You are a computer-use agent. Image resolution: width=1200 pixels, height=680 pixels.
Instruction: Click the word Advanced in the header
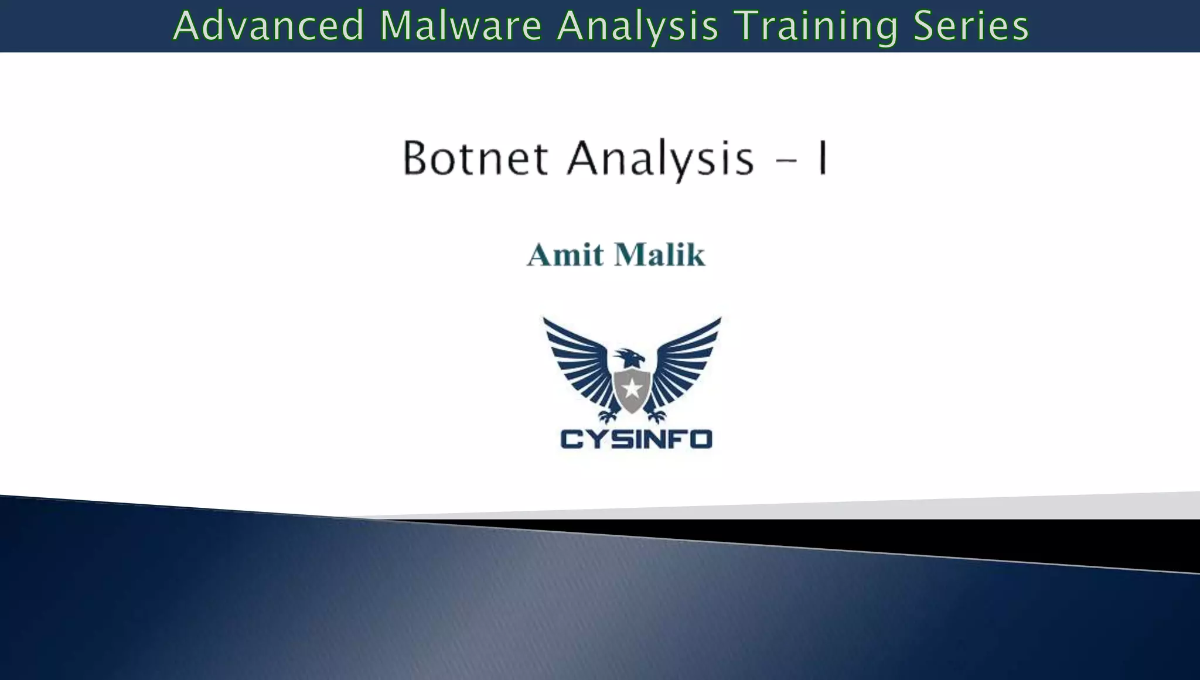(269, 26)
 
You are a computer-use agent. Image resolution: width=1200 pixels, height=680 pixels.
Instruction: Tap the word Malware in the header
(461, 26)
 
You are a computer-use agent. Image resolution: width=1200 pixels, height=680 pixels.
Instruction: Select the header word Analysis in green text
(637, 26)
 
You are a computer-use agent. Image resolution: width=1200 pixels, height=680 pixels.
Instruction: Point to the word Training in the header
(816, 26)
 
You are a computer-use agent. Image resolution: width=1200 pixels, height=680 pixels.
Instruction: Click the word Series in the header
(971, 26)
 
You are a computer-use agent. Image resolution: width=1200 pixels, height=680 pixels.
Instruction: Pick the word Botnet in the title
(475, 158)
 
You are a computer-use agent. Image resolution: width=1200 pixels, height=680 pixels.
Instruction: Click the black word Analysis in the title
(660, 159)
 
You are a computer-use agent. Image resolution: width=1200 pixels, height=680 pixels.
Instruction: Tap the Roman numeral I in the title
(823, 158)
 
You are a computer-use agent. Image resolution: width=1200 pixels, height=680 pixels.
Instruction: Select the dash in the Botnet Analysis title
(787, 160)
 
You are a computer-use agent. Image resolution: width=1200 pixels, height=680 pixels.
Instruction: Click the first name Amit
(565, 255)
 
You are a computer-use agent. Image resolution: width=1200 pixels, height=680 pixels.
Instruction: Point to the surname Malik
(660, 255)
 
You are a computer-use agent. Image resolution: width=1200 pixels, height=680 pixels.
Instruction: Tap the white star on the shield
(632, 388)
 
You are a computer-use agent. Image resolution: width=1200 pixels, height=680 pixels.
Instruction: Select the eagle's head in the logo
(630, 357)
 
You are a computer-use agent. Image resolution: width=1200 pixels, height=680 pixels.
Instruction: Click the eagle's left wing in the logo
(577, 363)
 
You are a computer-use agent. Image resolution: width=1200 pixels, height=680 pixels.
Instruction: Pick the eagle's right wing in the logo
(686, 363)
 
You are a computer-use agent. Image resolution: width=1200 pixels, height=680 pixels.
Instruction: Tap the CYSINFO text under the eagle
(636, 439)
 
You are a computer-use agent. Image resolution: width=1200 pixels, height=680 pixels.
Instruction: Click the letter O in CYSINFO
(700, 439)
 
